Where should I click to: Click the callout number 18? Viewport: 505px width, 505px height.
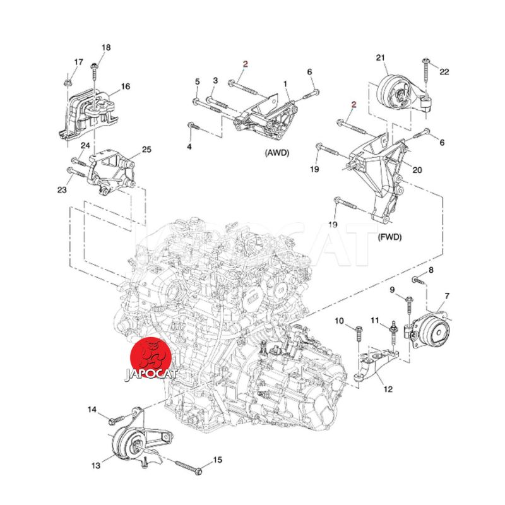click(x=105, y=47)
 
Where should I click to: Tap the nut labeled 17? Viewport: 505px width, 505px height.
click(x=68, y=81)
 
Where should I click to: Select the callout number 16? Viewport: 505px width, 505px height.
click(x=126, y=86)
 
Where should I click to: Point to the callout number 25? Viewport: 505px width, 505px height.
click(x=146, y=150)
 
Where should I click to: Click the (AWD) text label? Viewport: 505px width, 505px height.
click(x=273, y=152)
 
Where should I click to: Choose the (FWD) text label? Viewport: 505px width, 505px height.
click(x=389, y=238)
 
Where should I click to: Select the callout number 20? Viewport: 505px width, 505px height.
click(x=417, y=169)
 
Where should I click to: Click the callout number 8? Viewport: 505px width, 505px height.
click(x=431, y=270)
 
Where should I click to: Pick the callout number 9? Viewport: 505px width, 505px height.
click(x=392, y=290)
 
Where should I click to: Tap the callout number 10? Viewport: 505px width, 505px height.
click(x=339, y=321)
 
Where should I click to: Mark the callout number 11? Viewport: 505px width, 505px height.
click(x=374, y=321)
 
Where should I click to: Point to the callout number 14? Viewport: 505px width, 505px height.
click(x=92, y=411)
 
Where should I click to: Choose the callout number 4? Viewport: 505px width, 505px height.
click(x=189, y=146)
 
